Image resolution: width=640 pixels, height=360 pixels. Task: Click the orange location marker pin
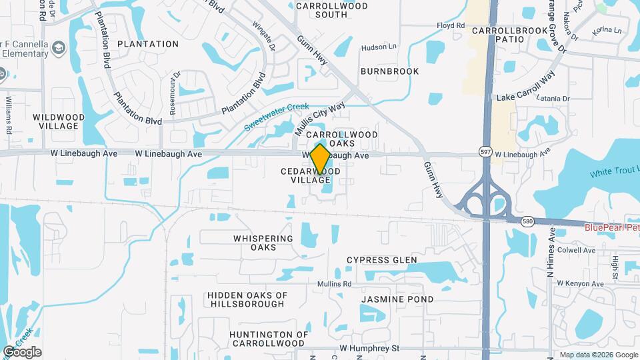(x=320, y=159)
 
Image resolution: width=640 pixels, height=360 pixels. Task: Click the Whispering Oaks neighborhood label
(x=263, y=243)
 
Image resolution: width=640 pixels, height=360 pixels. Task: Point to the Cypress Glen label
(x=382, y=260)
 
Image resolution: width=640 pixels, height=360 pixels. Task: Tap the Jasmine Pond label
(x=397, y=300)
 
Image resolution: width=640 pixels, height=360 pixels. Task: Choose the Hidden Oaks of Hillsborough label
(x=247, y=299)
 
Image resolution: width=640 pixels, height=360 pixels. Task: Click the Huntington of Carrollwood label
(x=269, y=339)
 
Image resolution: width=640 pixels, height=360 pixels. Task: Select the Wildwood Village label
(x=59, y=121)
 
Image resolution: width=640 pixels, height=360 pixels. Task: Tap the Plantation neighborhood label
(x=148, y=44)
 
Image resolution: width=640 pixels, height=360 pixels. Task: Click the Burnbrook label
(x=389, y=71)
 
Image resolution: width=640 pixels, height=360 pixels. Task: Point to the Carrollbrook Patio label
(x=509, y=35)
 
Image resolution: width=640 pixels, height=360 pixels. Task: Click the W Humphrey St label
(x=369, y=348)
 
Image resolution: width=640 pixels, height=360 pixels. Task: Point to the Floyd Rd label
(x=450, y=26)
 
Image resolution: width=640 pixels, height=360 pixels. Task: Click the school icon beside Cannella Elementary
(x=59, y=47)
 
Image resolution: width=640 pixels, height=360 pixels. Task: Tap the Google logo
(x=22, y=352)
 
